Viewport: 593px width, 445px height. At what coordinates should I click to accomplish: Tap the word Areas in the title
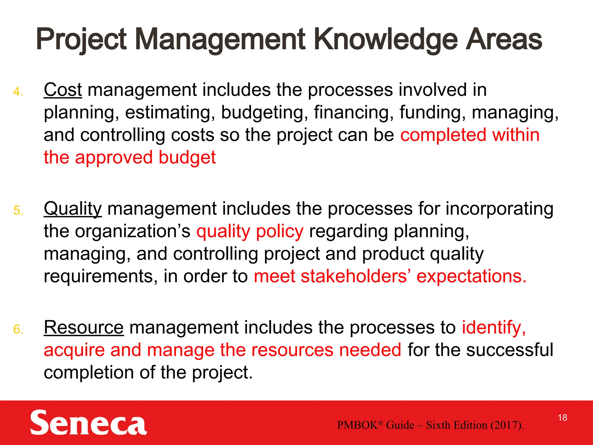click(504, 39)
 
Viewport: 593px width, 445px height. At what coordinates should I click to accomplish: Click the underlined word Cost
click(63, 90)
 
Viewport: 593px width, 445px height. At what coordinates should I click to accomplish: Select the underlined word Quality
click(73, 209)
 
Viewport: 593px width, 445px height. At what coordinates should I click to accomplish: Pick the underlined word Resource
click(84, 328)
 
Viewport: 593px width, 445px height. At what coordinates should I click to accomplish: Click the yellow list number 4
click(18, 92)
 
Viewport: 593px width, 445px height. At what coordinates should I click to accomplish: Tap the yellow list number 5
click(18, 211)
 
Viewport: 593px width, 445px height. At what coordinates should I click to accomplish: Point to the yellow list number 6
click(18, 330)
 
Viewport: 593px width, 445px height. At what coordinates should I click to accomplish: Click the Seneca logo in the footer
click(88, 422)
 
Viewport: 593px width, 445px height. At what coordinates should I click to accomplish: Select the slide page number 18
click(562, 418)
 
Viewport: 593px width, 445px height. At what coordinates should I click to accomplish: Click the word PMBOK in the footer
click(358, 425)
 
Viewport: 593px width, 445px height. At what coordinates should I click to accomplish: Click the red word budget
click(187, 158)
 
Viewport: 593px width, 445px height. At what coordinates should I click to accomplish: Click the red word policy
click(280, 232)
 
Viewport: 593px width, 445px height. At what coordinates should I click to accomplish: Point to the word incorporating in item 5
click(499, 209)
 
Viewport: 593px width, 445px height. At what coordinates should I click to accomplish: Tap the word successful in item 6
click(510, 350)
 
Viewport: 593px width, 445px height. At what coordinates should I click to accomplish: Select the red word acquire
click(74, 351)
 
